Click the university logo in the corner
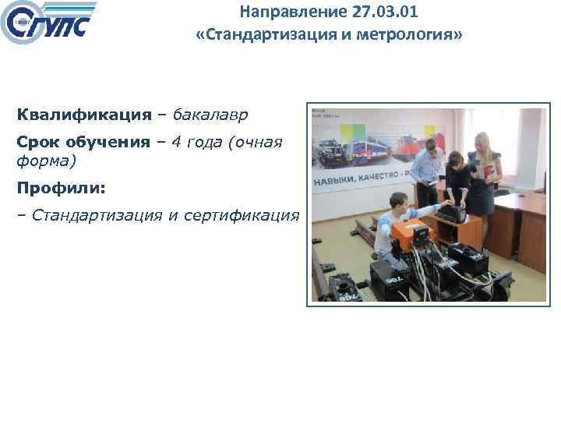point(48,24)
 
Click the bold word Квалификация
point(84,115)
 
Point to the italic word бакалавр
point(210,115)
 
